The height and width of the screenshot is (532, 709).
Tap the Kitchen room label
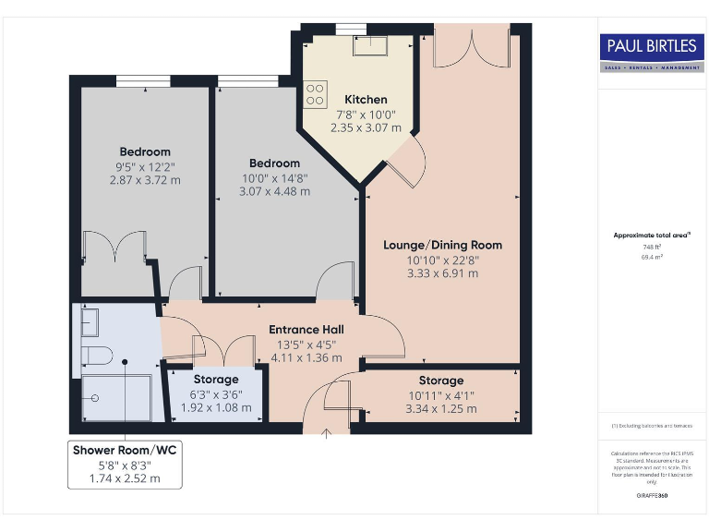366,100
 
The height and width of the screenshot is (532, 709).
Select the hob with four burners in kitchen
314,93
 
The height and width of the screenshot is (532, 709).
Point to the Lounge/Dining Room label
442,245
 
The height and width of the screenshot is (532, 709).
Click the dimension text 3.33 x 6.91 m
443,273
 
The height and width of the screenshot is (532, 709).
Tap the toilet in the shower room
96,356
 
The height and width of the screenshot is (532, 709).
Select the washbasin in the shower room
89,322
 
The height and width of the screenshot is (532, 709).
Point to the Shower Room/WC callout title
125,450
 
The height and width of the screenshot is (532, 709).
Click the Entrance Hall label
306,330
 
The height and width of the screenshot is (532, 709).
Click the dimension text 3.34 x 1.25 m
440,408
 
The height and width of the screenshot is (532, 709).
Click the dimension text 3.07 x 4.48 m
274,192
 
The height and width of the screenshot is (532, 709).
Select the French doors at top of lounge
471,47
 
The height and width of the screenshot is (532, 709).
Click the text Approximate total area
651,236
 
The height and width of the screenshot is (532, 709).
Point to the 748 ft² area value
652,248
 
